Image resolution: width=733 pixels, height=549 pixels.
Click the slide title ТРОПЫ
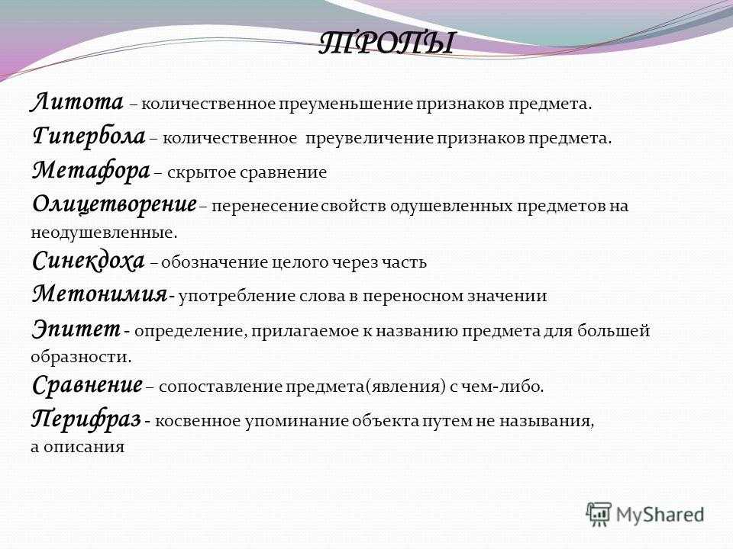tap(386, 43)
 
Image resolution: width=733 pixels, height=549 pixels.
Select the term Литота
tap(77, 101)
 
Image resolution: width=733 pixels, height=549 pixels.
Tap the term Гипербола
tap(89, 136)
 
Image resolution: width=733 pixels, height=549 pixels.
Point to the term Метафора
tap(91, 170)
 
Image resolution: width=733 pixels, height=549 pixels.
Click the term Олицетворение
tap(115, 204)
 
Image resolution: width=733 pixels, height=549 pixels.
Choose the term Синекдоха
tap(88, 261)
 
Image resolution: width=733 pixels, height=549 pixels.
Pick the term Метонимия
tap(99, 294)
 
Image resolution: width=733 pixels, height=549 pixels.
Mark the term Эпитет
tap(76, 329)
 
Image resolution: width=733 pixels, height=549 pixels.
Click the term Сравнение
tap(87, 385)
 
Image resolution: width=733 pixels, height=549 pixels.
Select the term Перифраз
tap(86, 419)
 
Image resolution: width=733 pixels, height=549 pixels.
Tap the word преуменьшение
tap(347, 104)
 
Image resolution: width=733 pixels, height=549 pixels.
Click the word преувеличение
tap(370, 139)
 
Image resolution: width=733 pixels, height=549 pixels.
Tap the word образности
tap(82, 357)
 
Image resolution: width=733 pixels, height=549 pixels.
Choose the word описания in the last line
tap(84, 448)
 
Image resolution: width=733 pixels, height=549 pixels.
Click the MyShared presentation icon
tap(599, 515)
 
